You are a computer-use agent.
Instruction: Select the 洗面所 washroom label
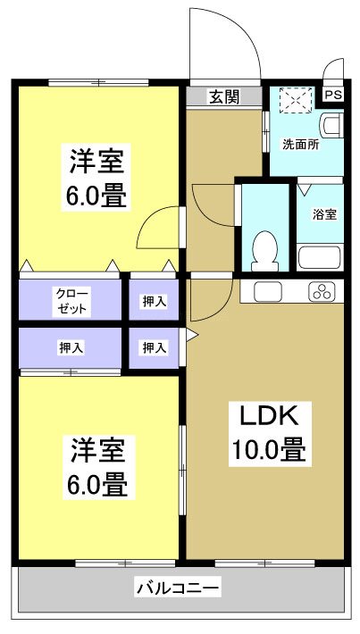point(300,144)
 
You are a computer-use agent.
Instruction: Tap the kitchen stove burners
point(321,291)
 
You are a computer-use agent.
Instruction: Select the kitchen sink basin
point(268,291)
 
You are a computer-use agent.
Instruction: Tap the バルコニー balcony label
point(179,588)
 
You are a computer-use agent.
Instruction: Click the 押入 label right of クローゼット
point(155,302)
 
